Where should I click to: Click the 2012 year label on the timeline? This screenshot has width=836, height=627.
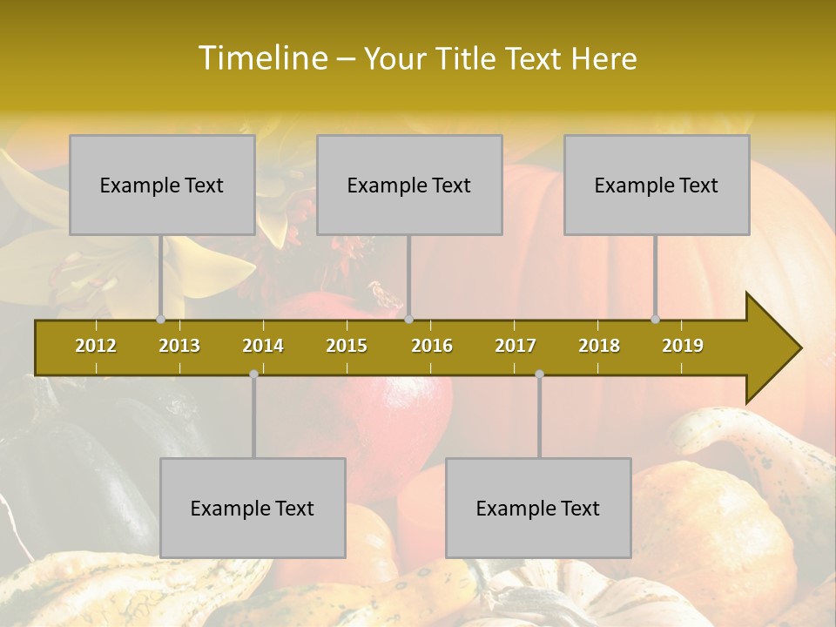[96, 346]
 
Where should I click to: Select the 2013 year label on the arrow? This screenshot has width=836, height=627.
[179, 346]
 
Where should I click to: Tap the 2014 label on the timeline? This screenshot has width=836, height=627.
[263, 346]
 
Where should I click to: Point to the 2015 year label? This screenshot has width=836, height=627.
[347, 346]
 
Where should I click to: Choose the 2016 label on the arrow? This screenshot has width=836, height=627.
[432, 346]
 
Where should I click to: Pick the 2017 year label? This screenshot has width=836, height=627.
[516, 346]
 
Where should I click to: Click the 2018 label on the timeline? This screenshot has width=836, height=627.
[599, 346]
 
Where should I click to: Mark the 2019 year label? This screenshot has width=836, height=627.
[683, 346]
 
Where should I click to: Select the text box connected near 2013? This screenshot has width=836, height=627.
[162, 185]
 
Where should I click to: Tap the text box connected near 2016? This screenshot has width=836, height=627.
[409, 185]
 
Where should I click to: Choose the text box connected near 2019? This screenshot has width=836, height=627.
[657, 185]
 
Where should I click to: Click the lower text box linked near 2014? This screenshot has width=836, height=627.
[253, 508]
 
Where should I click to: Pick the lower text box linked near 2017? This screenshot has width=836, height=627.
[538, 508]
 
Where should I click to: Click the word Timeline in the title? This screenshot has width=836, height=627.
[261, 58]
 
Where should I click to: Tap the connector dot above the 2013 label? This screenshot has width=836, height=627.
[161, 320]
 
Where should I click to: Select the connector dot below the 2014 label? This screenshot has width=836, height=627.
[253, 374]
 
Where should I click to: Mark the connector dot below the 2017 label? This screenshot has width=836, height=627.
[539, 374]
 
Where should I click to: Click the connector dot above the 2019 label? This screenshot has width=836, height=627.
[656, 320]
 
